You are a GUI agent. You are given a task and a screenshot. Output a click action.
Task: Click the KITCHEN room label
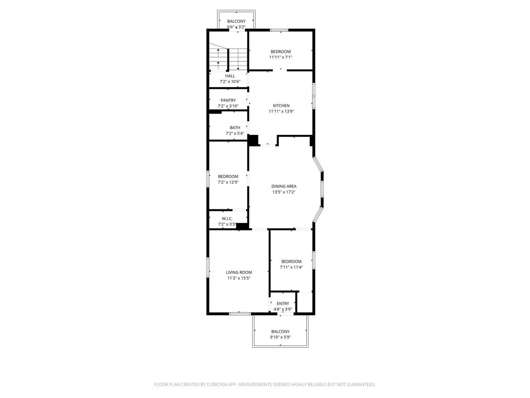pos(281,106)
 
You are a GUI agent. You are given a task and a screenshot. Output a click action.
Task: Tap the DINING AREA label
pos(284,186)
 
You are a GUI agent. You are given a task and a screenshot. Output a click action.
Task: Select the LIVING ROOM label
pos(239,272)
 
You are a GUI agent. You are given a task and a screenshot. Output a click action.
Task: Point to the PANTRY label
pos(228,100)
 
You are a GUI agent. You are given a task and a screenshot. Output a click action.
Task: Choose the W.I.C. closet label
pos(227,218)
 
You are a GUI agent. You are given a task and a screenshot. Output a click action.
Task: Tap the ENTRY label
pos(283,303)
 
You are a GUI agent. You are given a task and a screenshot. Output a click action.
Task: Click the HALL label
pos(230,76)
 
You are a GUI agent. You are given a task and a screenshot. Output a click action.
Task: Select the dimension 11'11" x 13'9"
pos(281,111)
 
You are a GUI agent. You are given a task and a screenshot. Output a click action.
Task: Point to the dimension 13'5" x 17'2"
pos(284,192)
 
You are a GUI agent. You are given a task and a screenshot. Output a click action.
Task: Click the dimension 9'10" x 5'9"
pos(280,337)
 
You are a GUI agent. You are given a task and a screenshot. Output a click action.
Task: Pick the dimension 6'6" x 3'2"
pos(236,27)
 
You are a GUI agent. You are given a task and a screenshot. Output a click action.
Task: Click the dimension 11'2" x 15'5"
pos(239,278)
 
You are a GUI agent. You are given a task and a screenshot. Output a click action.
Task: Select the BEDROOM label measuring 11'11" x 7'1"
pos(281,52)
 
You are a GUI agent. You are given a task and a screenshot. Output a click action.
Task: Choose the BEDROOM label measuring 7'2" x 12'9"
pos(228,176)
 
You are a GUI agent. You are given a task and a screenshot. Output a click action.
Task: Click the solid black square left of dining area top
pos(253,140)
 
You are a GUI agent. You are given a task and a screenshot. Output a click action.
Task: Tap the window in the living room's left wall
pos(208,267)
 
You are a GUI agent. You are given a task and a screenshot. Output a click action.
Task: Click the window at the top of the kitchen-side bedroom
pos(279,30)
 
